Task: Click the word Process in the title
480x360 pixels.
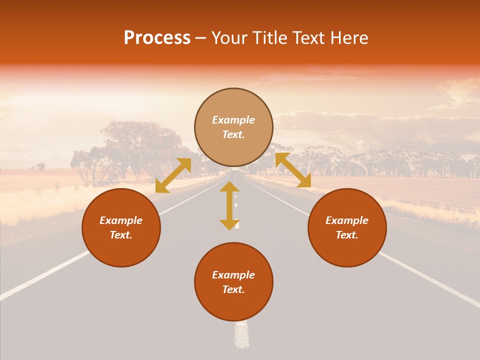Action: pyautogui.click(x=157, y=38)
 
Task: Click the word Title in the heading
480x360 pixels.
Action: pyautogui.click(x=268, y=38)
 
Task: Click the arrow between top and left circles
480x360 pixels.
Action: pyautogui.click(x=173, y=175)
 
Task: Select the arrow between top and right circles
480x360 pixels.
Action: pyautogui.click(x=293, y=170)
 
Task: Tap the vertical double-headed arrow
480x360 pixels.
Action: pyautogui.click(x=229, y=205)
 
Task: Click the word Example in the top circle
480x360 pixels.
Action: pyautogui.click(x=233, y=120)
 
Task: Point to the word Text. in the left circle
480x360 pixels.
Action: pyautogui.click(x=121, y=235)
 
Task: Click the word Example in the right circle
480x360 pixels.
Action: pyautogui.click(x=347, y=220)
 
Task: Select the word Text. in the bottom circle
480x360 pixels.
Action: pyautogui.click(x=233, y=289)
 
